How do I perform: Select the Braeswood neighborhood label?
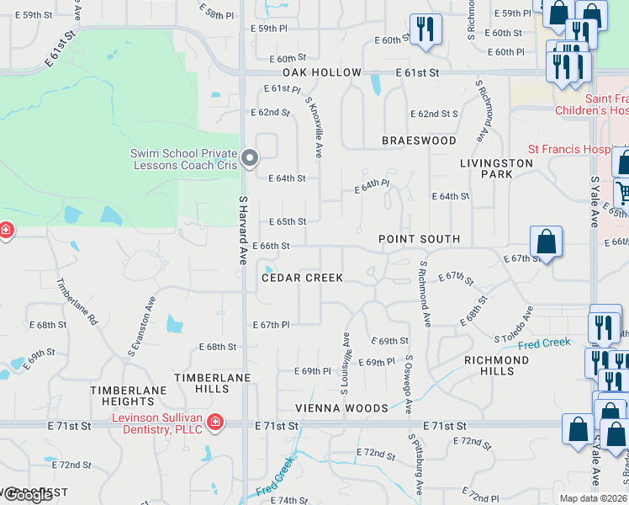click(x=419, y=141)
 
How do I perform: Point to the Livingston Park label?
click(x=496, y=168)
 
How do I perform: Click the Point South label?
click(x=419, y=239)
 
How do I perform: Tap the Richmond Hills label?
click(x=496, y=365)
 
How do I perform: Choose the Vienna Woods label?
click(x=341, y=408)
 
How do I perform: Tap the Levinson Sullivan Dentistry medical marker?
click(x=215, y=422)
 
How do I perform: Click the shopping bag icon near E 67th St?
click(x=546, y=242)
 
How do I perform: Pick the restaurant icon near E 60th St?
click(x=425, y=29)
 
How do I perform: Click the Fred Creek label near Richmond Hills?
click(x=544, y=343)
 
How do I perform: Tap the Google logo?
click(x=27, y=496)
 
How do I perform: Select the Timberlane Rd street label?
click(x=77, y=302)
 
